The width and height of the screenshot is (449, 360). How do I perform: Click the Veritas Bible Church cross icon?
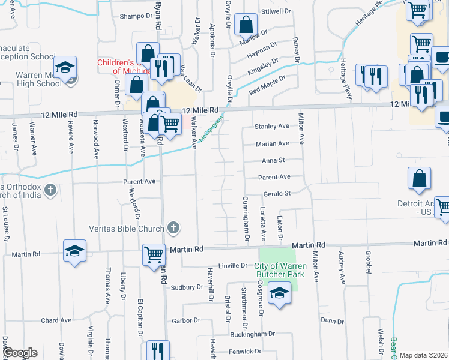[173, 228]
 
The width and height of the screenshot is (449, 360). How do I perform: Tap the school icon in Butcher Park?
[279, 294]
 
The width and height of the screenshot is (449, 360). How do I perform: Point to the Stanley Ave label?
[271, 127]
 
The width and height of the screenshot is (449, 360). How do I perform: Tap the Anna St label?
[273, 160]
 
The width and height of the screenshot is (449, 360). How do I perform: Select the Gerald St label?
[277, 193]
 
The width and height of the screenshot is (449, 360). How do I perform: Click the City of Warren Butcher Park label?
[280, 270]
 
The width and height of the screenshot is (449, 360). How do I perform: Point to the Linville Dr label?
[233, 265]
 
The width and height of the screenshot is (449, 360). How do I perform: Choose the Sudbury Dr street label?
[187, 287]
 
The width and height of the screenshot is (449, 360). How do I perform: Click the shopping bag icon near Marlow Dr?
[246, 25]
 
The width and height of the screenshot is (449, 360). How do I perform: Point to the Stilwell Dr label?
[276, 11]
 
